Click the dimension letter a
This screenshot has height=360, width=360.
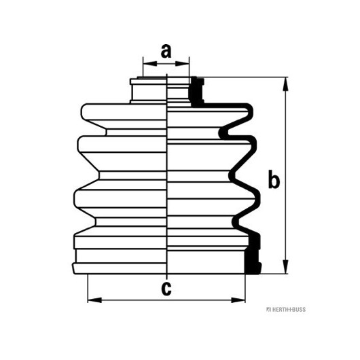pos(166,51)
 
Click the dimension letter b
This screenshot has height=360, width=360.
pos(274,179)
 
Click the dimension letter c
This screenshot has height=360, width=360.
pos(166,289)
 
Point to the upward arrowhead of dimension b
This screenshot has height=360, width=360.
pos(285,84)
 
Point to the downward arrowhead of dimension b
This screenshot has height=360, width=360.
pos(285,267)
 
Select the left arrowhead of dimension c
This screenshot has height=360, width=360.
pos(94,300)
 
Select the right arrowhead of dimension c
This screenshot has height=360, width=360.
pos(238,300)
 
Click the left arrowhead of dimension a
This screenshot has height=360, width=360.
pos(150,64)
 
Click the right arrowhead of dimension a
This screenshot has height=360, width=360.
pos(182,64)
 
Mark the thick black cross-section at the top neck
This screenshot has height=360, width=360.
pos(196,92)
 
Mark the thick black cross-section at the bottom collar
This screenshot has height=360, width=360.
pos(253,254)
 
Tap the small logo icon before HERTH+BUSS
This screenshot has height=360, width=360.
pos(268,310)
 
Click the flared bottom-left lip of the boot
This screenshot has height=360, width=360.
pos(74,268)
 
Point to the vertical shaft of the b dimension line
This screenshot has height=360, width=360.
pos(285,175)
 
